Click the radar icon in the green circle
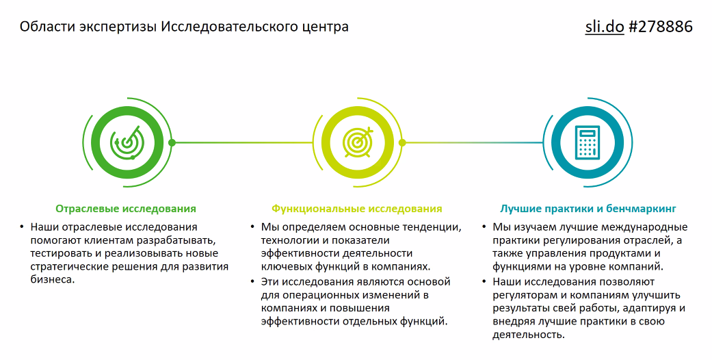point(127,143)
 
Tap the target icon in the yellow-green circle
point(358,142)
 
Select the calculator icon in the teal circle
point(588,143)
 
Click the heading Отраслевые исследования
point(126,209)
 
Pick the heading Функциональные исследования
point(357,209)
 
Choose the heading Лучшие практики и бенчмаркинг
point(588,209)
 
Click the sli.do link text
point(605,27)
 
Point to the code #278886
point(661,27)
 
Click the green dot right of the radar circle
point(172,143)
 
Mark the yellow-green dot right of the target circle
point(402,143)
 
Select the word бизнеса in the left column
point(52,279)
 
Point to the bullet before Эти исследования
point(252,282)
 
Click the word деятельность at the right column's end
point(529,335)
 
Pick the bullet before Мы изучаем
point(484,227)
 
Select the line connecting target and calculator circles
point(473,143)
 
